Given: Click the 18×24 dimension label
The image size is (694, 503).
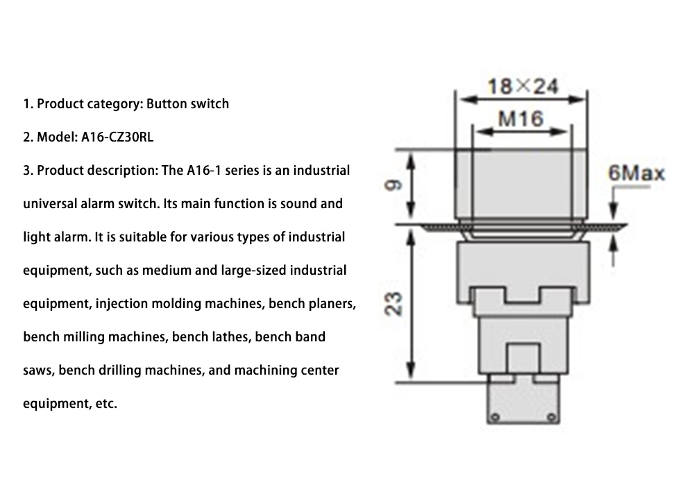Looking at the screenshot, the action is coord(523,86).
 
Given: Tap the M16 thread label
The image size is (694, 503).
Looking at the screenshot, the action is coord(520,119).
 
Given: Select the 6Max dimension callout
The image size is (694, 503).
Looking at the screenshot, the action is coord(636,173).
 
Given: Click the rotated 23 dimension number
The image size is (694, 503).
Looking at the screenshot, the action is coord(393,303).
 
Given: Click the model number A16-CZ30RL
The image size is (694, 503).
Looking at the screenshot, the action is coord(117,137).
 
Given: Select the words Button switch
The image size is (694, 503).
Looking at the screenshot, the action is coord(187,103).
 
